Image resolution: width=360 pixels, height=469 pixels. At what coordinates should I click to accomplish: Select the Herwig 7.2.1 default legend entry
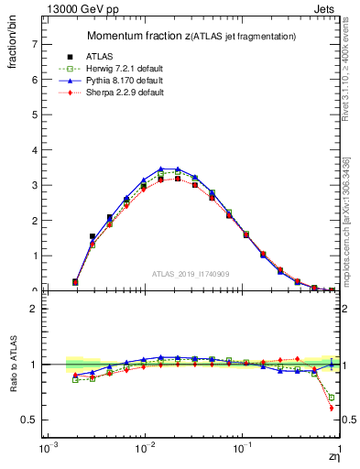tap(127, 69)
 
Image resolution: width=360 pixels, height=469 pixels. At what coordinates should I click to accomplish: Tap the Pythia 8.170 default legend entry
tap(127, 81)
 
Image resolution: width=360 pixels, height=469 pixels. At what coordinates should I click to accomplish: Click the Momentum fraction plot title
tap(191, 36)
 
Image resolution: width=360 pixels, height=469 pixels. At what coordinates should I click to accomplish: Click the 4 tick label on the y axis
tap(34, 150)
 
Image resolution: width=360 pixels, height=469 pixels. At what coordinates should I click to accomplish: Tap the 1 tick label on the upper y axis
tap(34, 256)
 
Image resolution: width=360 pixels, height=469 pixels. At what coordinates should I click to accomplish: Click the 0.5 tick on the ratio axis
tap(31, 420)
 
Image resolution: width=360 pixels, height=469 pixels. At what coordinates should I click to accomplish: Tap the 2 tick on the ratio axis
tap(34, 309)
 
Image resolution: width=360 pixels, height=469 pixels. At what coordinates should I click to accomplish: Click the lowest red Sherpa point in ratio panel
tap(331, 408)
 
